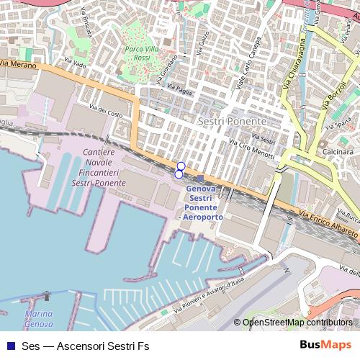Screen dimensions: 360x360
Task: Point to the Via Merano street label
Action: (17, 64)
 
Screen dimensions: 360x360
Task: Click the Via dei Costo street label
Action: (106, 111)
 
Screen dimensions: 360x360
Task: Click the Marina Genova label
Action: (37, 320)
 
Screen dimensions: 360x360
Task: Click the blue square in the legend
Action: (11, 346)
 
